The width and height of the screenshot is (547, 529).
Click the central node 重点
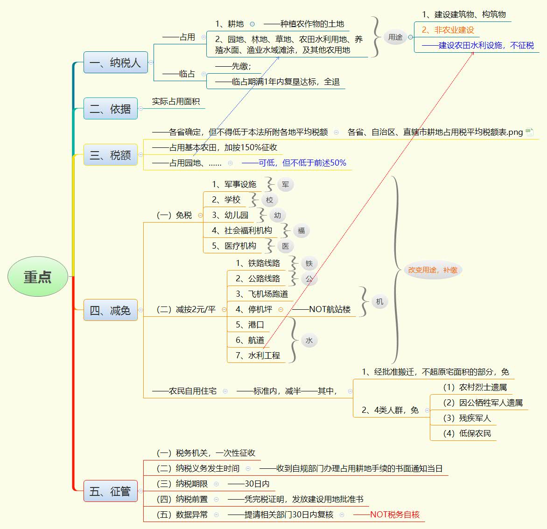38,277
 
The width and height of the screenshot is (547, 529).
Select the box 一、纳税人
115,63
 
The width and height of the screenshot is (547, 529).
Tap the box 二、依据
110,109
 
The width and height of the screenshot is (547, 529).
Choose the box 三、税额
110,155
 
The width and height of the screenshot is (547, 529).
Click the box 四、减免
110,310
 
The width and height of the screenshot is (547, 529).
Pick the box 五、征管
110,491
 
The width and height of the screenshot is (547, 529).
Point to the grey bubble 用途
395,37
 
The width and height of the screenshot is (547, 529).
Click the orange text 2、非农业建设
448,30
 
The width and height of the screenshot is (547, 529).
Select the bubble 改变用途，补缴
433,270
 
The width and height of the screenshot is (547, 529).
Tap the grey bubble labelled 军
286,184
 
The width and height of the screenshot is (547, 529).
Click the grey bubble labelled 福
301,230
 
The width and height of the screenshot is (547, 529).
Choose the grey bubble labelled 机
379,302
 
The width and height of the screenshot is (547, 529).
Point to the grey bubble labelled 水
309,341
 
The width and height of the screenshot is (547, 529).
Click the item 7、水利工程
258,355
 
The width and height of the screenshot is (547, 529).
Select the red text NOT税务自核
394,515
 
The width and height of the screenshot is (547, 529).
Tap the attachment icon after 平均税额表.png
529,132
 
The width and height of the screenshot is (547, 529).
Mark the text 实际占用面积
176,101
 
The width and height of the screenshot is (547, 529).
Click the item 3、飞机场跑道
262,294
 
